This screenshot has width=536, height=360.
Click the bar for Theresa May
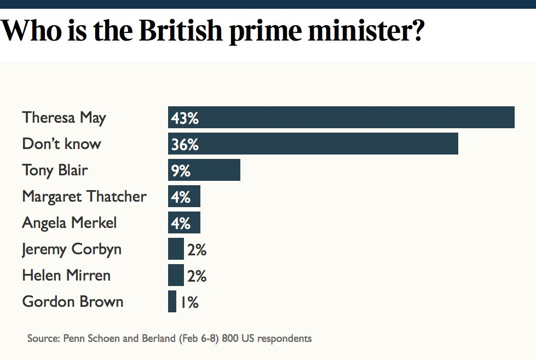(341, 117)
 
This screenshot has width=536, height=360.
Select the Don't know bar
(313, 144)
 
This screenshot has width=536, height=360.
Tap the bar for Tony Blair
(204, 170)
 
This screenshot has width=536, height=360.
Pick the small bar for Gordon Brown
(172, 301)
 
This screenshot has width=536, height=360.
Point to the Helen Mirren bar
(176, 275)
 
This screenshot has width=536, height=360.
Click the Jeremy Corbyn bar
(176, 249)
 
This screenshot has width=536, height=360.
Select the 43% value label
(185, 118)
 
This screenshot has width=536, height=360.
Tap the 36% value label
(185, 144)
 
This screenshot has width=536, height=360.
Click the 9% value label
(181, 170)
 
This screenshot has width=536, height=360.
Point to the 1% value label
(189, 302)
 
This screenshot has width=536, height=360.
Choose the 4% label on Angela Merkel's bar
(181, 223)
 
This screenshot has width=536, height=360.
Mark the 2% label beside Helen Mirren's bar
(197, 276)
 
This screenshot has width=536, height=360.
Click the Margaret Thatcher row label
(84, 196)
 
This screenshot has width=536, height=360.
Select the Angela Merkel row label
(70, 222)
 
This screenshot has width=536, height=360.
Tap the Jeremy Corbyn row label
(72, 249)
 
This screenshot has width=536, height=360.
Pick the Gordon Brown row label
(73, 301)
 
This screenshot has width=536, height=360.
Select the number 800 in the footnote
(229, 338)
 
